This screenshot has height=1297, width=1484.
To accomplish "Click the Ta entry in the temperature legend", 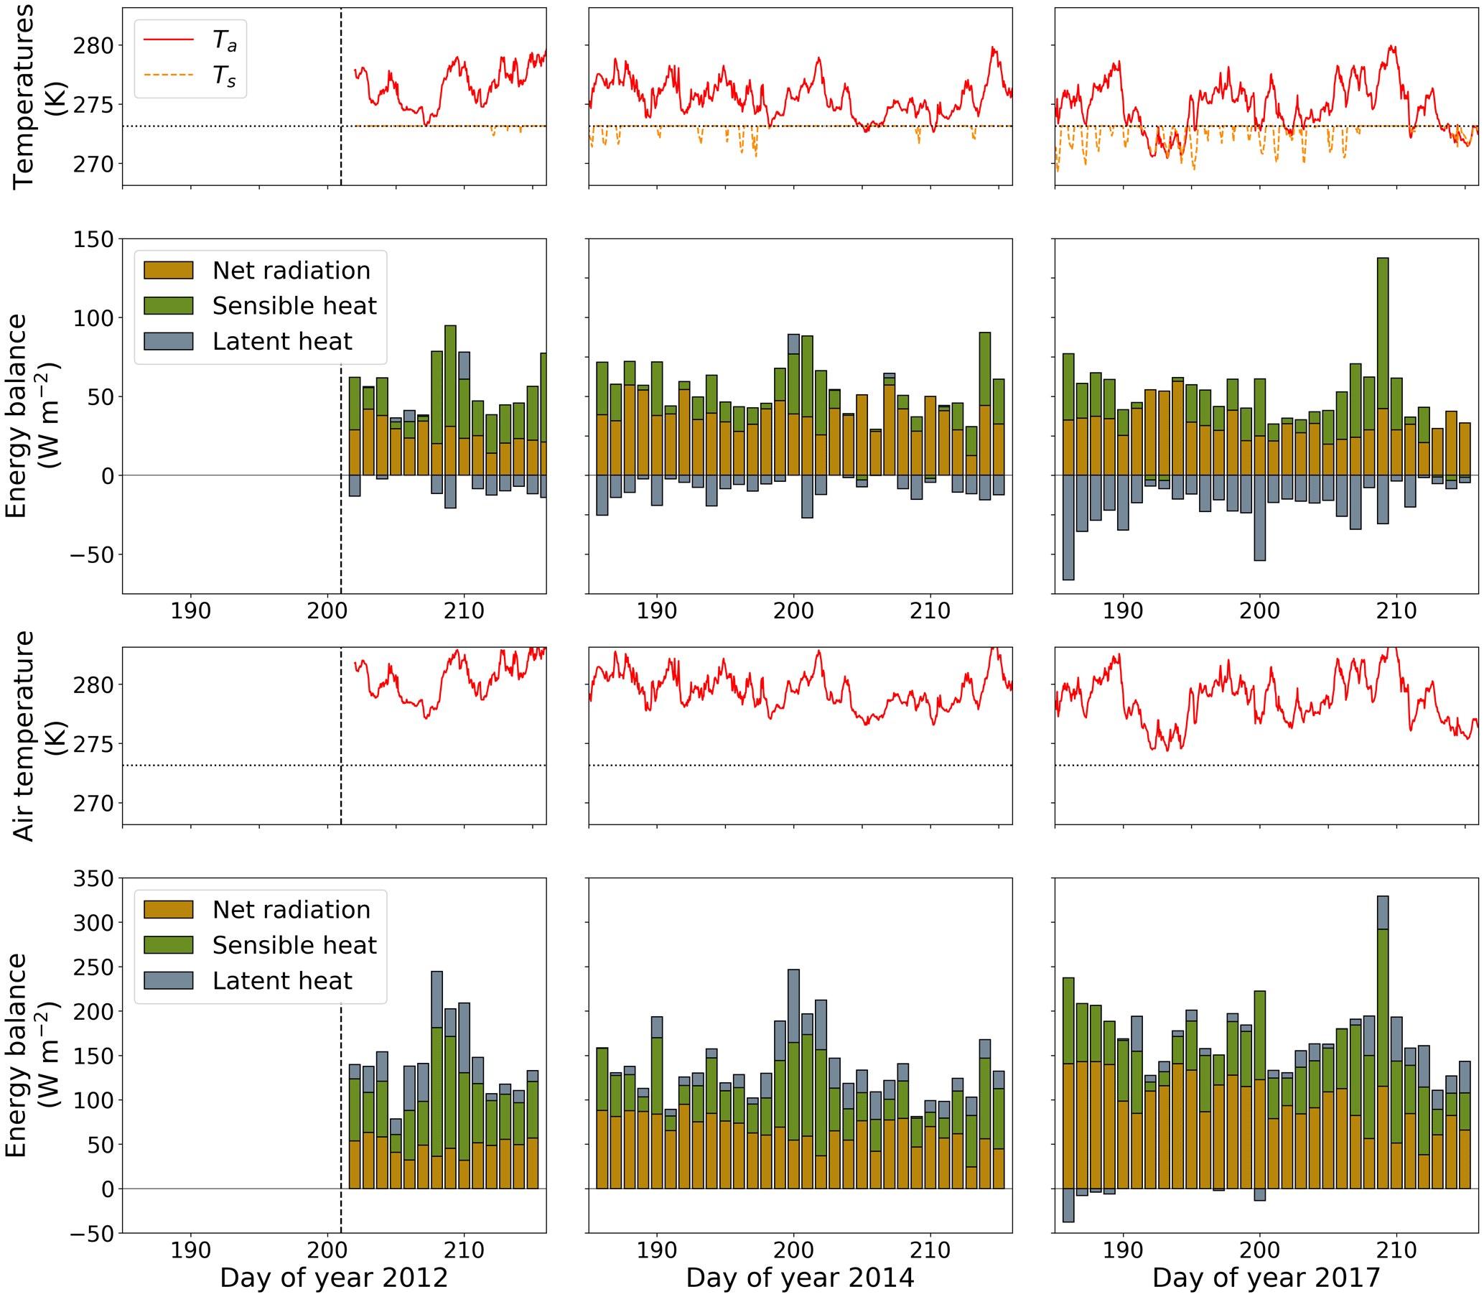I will [x=224, y=40].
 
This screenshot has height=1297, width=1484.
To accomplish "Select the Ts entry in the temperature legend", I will [x=224, y=75].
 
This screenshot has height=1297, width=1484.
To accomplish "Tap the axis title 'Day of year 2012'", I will [x=334, y=1278].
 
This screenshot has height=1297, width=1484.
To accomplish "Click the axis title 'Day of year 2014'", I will [x=800, y=1278].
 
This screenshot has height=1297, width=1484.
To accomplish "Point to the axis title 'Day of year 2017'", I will [x=1266, y=1278].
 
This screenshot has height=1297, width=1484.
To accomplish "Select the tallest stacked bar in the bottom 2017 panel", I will [x=1383, y=1042].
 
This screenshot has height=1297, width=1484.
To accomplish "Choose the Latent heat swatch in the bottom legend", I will [x=169, y=981].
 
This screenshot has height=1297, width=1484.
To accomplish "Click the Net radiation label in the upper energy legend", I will [x=291, y=271].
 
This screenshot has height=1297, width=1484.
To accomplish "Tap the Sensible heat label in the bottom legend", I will [x=294, y=945].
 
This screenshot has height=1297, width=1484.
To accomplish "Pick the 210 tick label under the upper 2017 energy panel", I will [x=1396, y=611].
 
